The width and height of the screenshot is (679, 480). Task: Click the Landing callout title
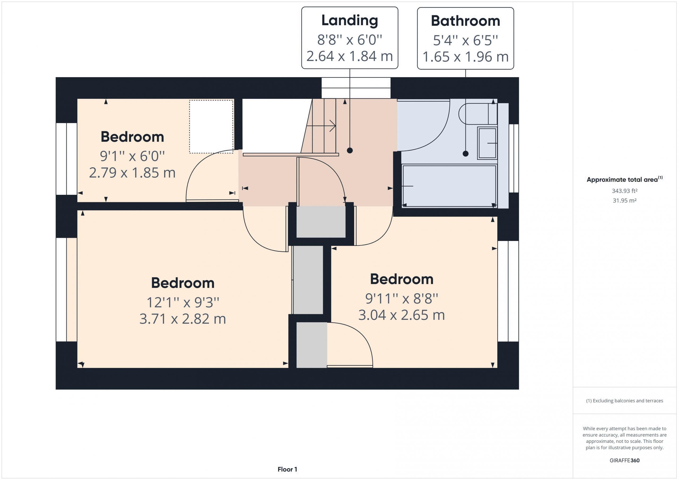point(350,21)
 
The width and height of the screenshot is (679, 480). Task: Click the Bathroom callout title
point(465,21)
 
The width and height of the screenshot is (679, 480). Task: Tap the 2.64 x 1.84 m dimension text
point(350,56)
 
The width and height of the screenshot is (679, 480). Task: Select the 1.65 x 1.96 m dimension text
point(465,57)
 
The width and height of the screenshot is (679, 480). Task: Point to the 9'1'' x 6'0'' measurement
point(132,156)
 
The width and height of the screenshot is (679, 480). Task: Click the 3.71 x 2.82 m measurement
point(182,319)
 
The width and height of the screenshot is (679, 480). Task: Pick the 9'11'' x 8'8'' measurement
point(402,299)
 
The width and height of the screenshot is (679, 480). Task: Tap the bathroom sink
point(487,143)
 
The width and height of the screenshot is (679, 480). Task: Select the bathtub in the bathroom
point(449,186)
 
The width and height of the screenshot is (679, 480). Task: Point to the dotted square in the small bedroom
point(211,126)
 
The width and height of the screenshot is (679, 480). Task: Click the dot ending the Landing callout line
point(350,151)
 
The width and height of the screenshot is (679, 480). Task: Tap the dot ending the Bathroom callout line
point(465,154)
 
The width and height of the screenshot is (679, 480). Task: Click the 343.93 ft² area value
point(625,191)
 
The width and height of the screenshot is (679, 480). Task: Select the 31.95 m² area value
point(625,200)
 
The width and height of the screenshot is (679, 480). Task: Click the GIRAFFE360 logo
point(625,460)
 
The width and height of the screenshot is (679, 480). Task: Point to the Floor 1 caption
point(287,469)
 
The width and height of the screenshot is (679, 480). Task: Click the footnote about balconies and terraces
point(625,401)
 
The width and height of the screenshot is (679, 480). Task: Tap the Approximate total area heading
point(625,179)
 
